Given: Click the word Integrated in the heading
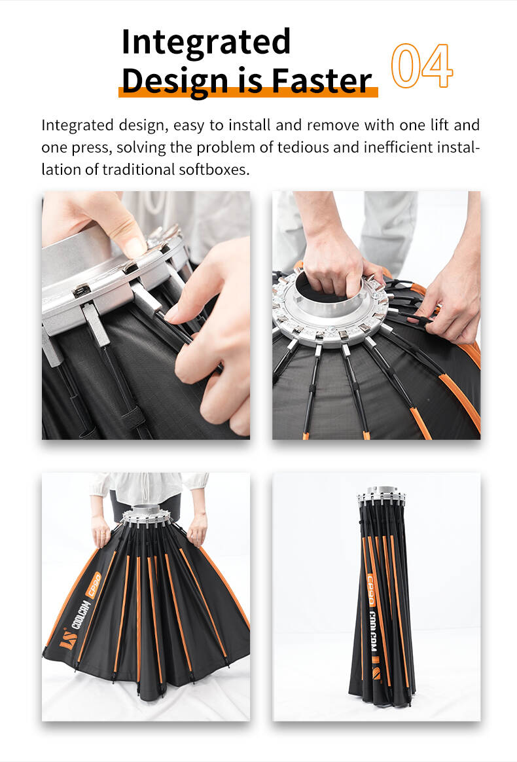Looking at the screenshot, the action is click(206, 43).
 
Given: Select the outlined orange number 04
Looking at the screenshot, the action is click(421, 66).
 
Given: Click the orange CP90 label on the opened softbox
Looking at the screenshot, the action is click(94, 584).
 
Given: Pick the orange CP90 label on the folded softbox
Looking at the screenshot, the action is click(371, 590).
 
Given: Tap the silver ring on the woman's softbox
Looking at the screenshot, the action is click(146, 516).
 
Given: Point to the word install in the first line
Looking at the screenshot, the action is click(249, 125).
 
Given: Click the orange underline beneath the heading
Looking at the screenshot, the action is click(248, 92).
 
